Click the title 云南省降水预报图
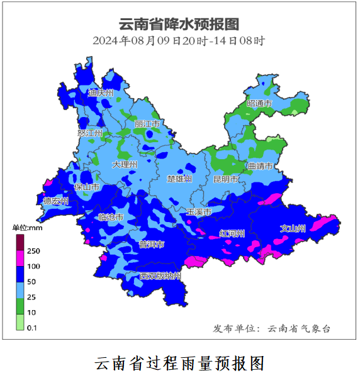(179, 24)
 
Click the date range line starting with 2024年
(179, 41)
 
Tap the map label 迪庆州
(101, 93)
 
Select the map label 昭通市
(259, 103)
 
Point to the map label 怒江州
(89, 133)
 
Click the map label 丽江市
(148, 125)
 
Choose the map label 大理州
(125, 164)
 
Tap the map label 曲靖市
(260, 167)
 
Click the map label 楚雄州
(179, 179)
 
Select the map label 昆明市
(225, 179)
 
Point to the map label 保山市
(87, 187)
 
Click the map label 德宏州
(55, 201)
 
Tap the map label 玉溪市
(198, 213)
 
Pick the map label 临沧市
(111, 217)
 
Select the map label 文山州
(293, 228)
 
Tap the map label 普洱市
(152, 244)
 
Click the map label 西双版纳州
(160, 276)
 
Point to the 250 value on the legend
(33, 250)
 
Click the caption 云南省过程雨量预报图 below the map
(179, 363)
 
